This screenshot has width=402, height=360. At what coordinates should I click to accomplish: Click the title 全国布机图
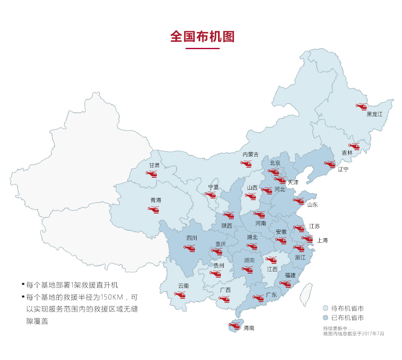pyautogui.click(x=202, y=36)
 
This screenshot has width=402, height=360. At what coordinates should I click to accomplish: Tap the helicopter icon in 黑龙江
pyautogui.click(x=361, y=106)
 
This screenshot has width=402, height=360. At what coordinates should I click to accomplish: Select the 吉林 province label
pyautogui.click(x=347, y=153)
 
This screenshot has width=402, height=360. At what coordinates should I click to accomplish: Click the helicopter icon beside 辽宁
pyautogui.click(x=329, y=164)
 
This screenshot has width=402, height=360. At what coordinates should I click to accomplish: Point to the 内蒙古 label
pyautogui.click(x=250, y=155)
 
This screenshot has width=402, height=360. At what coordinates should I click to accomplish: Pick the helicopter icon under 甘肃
pyautogui.click(x=151, y=174)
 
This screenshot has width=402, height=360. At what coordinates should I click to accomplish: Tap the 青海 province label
pyautogui.click(x=156, y=200)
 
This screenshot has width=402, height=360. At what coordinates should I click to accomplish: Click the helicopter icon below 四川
pyautogui.click(x=190, y=248)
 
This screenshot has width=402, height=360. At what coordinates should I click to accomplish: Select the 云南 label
pyautogui.click(x=183, y=286)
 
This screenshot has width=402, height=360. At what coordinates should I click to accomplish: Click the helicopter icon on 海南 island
pyautogui.click(x=234, y=325)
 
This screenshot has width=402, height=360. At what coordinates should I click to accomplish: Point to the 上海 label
pyautogui.click(x=322, y=240)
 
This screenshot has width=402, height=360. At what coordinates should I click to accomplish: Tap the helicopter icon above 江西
pyautogui.click(x=271, y=260)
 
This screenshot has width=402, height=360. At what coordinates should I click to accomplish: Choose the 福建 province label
pyautogui.click(x=290, y=275)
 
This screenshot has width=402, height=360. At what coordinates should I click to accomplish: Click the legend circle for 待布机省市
pyautogui.click(x=326, y=308)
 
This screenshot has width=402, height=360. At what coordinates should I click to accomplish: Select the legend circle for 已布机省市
pyautogui.click(x=326, y=318)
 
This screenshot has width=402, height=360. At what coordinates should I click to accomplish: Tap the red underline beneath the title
pyautogui.click(x=202, y=48)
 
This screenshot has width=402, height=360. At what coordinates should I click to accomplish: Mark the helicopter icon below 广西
pyautogui.click(x=224, y=299)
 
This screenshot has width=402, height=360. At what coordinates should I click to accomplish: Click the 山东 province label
pyautogui.click(x=312, y=205)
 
